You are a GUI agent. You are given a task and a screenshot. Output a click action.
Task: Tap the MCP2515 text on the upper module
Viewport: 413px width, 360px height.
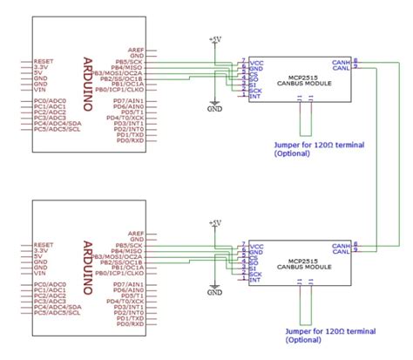[x=295, y=76]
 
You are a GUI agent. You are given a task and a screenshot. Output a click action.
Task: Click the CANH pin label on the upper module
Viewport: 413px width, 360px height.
[x=342, y=63]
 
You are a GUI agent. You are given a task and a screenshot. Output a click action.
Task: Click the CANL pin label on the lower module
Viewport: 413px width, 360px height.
[x=342, y=254]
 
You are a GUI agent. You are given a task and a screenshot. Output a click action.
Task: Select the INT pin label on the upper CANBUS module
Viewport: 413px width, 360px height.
[x=254, y=97]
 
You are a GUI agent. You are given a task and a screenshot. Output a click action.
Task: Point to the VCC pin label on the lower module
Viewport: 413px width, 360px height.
[x=256, y=247]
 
